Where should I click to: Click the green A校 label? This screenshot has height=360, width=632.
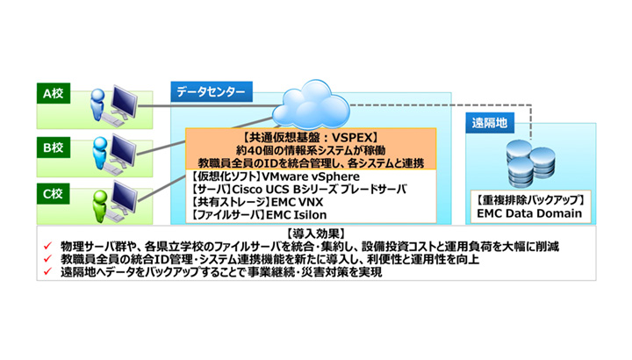[x=54, y=94]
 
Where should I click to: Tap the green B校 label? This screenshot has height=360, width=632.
[x=54, y=148]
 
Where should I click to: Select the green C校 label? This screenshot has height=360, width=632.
[x=54, y=194]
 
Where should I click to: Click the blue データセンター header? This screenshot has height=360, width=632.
[x=212, y=92]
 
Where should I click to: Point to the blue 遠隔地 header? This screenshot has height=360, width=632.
[x=490, y=123]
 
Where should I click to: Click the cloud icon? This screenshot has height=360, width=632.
[x=311, y=104]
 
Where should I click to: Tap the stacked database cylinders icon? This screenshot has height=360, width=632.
[x=530, y=163]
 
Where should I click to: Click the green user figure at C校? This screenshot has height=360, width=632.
[x=100, y=205]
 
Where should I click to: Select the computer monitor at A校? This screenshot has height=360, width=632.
[x=124, y=101]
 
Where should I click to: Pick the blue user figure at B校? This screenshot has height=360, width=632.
[x=100, y=153]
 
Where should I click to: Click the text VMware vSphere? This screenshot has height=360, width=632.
[x=311, y=176]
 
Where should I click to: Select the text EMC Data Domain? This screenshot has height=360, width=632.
[x=529, y=213]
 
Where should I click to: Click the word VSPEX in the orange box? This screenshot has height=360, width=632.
[x=352, y=138]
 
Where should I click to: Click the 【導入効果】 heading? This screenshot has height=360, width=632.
[x=316, y=234]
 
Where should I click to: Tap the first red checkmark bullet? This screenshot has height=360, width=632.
[x=48, y=246]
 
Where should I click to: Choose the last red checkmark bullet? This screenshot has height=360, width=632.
[x=48, y=271]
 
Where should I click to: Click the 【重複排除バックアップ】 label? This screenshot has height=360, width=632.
[x=530, y=200]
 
